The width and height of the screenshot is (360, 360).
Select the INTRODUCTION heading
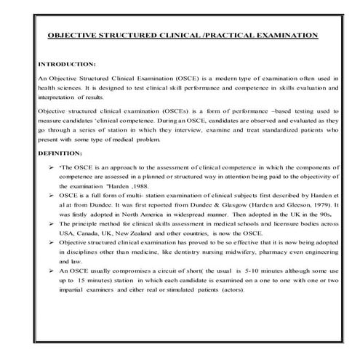66,63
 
